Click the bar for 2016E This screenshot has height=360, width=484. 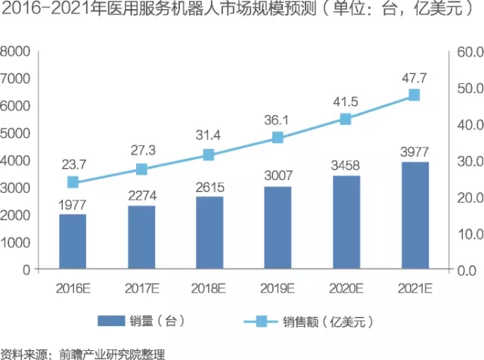[73, 241]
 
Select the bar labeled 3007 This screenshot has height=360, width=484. [278, 227]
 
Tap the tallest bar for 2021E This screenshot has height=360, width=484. [414, 216]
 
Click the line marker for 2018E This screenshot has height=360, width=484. [209, 155]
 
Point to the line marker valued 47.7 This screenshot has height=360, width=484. [414, 95]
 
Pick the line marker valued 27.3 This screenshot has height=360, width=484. [141, 169]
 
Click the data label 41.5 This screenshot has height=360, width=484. [346, 101]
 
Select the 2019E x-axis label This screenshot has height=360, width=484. [278, 288]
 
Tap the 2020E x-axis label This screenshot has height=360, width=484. [346, 288]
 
